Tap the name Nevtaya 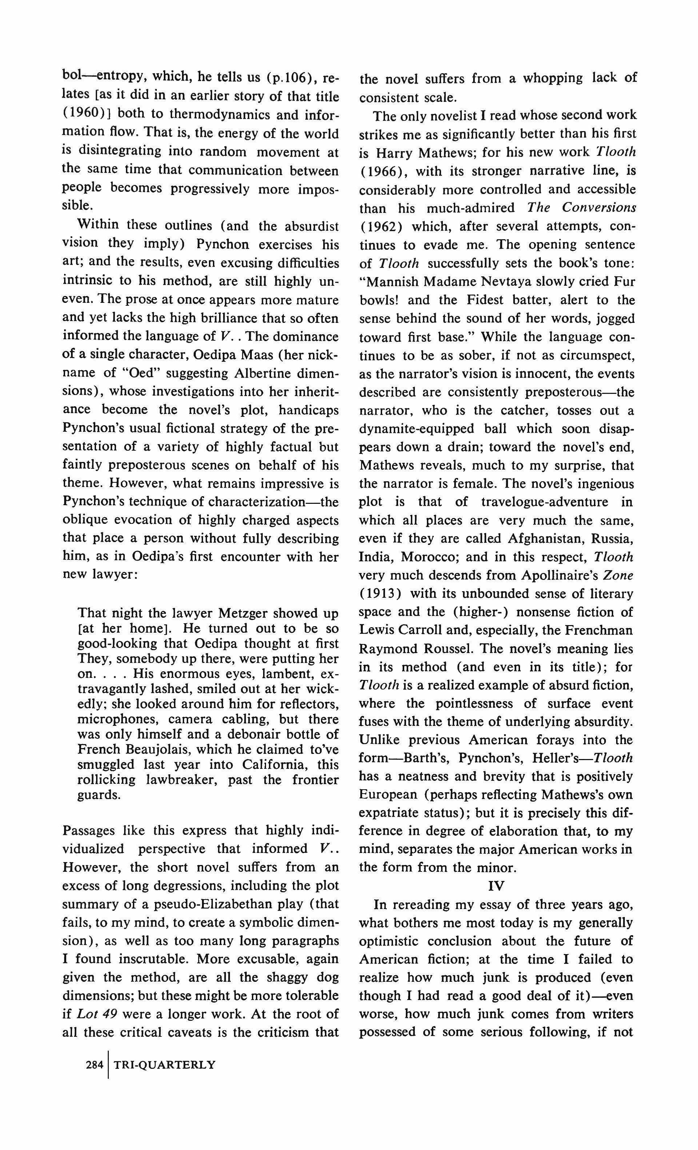click(x=519, y=281)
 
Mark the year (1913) click(x=380, y=594)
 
